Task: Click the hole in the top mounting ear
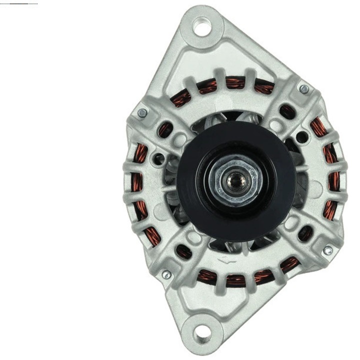pyautogui.click(x=201, y=26)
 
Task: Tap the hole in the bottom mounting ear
pyautogui.click(x=200, y=331)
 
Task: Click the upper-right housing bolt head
pyautogui.click(x=304, y=89)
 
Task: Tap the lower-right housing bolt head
pyautogui.click(x=327, y=250)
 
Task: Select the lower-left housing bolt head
pyautogui.click(x=166, y=274)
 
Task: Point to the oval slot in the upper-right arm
pyautogui.click(x=287, y=111)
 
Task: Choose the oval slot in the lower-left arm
pyautogui.click(x=184, y=251)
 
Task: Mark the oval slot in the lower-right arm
pyautogui.click(x=305, y=233)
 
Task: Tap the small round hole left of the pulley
pyautogui.click(x=159, y=160)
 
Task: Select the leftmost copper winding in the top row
pyautogui.click(x=182, y=97)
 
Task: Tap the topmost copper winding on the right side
pyautogui.click(x=318, y=127)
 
